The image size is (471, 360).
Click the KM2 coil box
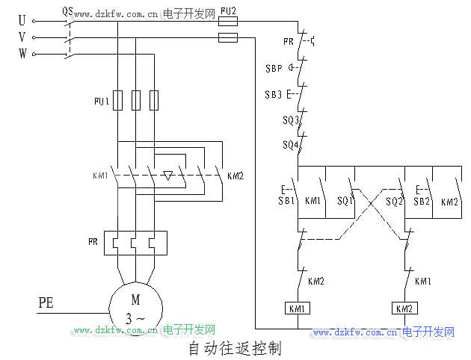tap(404, 308)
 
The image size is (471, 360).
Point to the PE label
tap(47, 303)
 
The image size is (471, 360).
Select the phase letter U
tap(22, 21)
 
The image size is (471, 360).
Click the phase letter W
tap(22, 54)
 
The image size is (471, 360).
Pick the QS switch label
tap(68, 11)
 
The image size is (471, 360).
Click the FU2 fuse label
tap(229, 11)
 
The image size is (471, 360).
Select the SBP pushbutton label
tap(274, 68)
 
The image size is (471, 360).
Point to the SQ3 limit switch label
tap(291, 120)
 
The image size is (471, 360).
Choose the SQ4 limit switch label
tap(291, 144)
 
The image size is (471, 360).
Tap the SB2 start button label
tap(422, 202)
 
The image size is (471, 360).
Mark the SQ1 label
tap(345, 202)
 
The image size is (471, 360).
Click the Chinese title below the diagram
tap(234, 348)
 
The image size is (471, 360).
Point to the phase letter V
tap(22, 37)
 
